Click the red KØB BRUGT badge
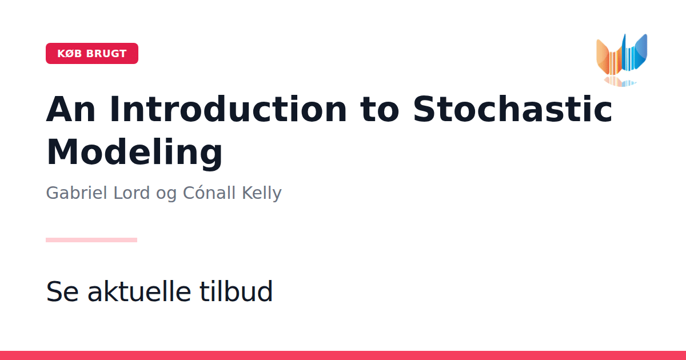pyautogui.click(x=92, y=53)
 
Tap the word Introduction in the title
pyautogui.click(x=228, y=109)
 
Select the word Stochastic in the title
pyautogui.click(x=512, y=109)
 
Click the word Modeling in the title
pyautogui.click(x=134, y=153)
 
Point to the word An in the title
pyautogui.click(x=71, y=109)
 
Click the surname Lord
pyautogui.click(x=131, y=193)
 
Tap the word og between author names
pyautogui.click(x=166, y=195)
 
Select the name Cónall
pyautogui.click(x=209, y=193)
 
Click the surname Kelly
pyautogui.click(x=262, y=193)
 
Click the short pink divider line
pyautogui.click(x=91, y=240)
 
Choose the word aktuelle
pyautogui.click(x=139, y=291)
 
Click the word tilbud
pyautogui.click(x=236, y=291)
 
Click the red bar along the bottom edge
pyautogui.click(x=343, y=355)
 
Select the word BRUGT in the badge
pyautogui.click(x=106, y=54)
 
